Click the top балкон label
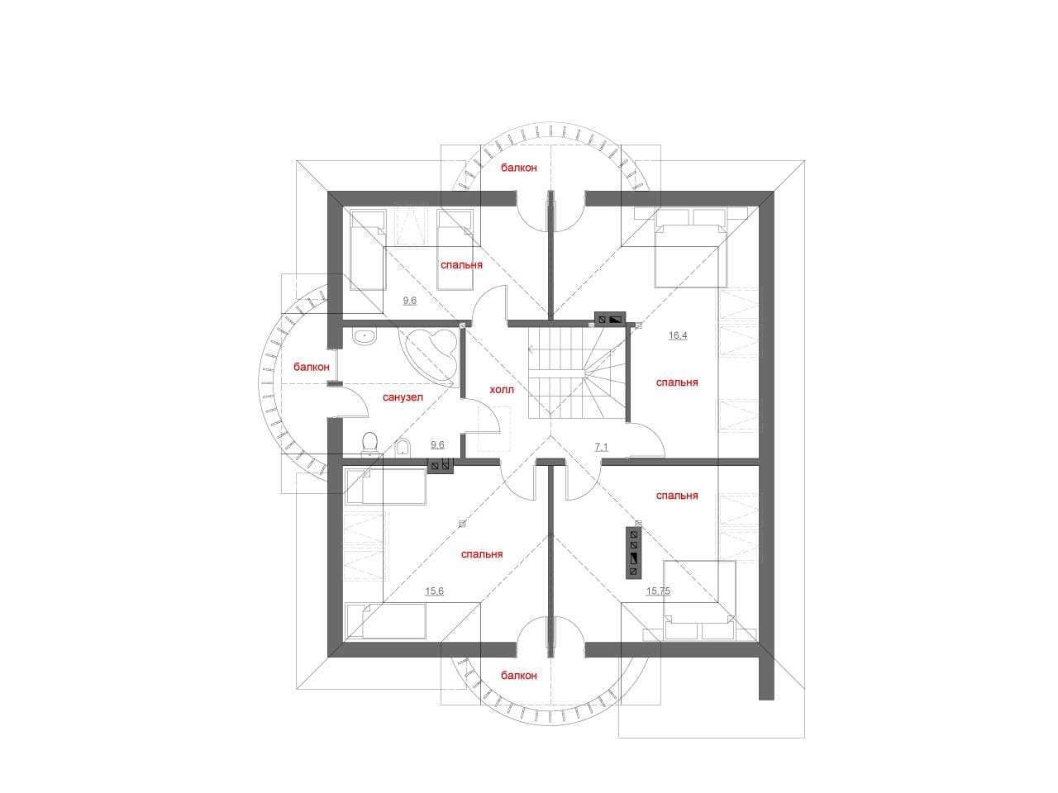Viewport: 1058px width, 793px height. [518, 168]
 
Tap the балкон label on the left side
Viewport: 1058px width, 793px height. [312, 367]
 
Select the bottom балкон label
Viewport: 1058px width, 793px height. [518, 676]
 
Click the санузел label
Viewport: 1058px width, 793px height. [403, 397]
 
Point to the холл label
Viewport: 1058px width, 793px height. [501, 390]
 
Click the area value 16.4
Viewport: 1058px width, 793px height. [678, 335]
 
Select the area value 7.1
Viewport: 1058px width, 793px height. [601, 447]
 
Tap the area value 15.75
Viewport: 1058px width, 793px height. [658, 591]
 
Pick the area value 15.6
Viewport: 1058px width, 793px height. [434, 591]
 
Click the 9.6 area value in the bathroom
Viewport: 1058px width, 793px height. [437, 445]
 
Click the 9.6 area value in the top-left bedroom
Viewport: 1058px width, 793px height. [410, 301]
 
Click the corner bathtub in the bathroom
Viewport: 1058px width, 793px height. [429, 357]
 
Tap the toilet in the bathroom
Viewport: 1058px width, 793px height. [369, 443]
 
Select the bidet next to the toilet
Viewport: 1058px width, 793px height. [403, 447]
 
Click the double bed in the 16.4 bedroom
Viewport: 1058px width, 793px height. [690, 255]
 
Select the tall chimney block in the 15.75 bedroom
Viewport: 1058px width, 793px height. [633, 553]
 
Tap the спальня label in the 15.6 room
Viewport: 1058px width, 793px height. [482, 554]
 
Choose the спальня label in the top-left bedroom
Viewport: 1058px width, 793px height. [461, 265]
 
